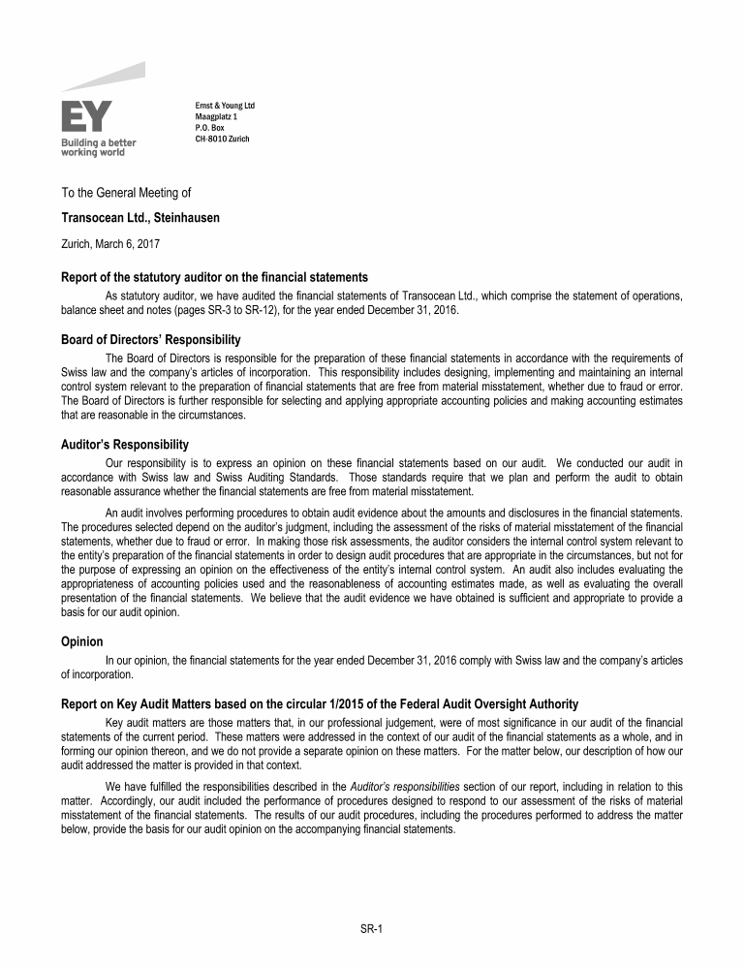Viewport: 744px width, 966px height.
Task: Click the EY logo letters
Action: (86, 116)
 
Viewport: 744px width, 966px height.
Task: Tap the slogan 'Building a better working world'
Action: (99, 147)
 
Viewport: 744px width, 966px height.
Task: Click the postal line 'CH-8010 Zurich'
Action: (222, 139)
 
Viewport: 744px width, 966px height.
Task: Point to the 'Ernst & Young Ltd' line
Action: (225, 105)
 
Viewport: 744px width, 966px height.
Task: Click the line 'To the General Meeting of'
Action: (126, 193)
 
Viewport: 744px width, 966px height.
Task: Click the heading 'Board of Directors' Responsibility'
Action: (150, 340)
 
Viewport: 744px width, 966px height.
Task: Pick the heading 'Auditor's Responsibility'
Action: (124, 445)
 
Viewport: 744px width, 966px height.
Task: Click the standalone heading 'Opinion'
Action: (82, 642)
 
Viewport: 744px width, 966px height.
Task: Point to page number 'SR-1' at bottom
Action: (372, 929)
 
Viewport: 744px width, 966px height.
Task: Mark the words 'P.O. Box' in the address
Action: (210, 127)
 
